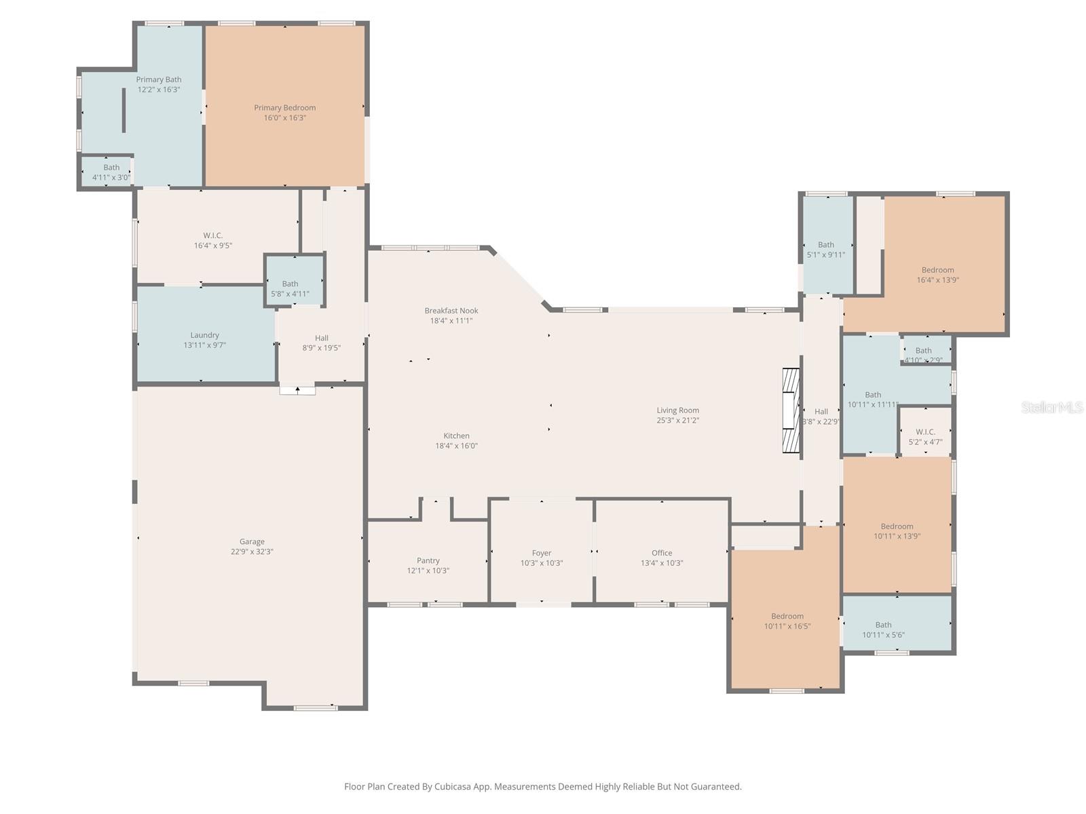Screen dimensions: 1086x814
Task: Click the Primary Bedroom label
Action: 284,108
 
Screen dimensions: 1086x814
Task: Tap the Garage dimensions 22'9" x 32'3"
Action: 252,551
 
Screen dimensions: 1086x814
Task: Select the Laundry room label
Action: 204,335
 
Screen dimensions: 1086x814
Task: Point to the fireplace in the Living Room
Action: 791,410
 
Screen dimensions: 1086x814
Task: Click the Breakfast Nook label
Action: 451,311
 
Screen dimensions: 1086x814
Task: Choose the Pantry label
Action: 428,560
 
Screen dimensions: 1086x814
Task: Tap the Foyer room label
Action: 541,553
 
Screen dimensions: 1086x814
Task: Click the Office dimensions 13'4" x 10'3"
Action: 662,563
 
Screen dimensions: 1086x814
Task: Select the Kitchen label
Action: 456,436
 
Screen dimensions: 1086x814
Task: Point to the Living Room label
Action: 677,410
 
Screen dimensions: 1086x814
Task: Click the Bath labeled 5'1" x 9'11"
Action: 826,250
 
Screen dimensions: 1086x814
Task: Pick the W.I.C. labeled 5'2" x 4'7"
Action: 925,437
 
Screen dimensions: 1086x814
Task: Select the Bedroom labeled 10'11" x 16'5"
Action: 787,621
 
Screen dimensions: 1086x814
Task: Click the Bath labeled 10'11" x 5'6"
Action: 883,629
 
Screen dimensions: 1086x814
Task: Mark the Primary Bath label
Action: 159,79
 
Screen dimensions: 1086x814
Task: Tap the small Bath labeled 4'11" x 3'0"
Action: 111,172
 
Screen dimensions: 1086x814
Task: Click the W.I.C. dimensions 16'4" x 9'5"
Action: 212,245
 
